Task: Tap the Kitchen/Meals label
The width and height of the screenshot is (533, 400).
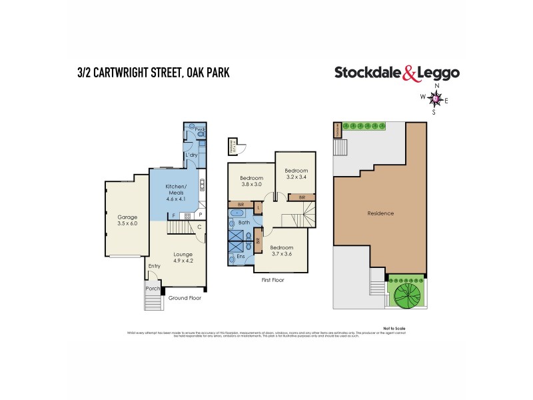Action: tap(177, 189)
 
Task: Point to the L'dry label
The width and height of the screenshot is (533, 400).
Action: tap(191, 155)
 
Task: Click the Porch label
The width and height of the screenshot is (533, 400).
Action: tap(153, 289)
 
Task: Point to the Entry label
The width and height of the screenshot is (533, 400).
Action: tap(155, 265)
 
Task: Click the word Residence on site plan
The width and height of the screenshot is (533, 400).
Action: tap(380, 213)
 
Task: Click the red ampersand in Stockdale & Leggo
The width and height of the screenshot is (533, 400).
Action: tap(410, 73)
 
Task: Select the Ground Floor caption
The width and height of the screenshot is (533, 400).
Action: tap(185, 298)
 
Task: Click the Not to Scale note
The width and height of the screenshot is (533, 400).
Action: tap(394, 328)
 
